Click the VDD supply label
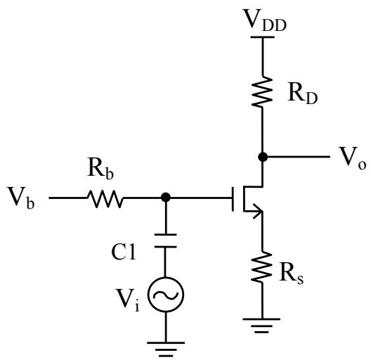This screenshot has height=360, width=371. click(x=265, y=20)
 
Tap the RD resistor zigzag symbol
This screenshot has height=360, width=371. click(x=262, y=92)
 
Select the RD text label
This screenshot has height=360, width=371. click(x=303, y=93)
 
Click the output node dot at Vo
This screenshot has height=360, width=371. click(x=263, y=157)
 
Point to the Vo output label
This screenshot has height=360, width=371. click(x=353, y=158)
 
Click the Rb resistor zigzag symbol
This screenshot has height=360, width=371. click(x=105, y=198)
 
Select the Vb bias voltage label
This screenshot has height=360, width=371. click(x=21, y=198)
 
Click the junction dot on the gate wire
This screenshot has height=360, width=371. click(x=166, y=198)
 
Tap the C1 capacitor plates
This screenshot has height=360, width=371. click(x=166, y=240)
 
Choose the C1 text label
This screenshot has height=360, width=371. click(x=124, y=252)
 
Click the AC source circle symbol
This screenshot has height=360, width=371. click(x=166, y=295)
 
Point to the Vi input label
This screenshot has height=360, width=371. click(x=127, y=300)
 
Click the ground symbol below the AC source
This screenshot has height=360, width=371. click(x=166, y=349)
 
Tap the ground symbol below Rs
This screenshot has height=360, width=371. click(x=261, y=326)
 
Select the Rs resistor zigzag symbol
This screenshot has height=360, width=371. click(x=261, y=267)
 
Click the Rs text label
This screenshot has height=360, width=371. click(x=291, y=275)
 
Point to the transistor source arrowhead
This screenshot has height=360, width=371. click(x=258, y=211)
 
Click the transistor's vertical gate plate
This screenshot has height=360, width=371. click(x=233, y=199)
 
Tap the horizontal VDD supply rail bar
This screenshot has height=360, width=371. click(x=262, y=37)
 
